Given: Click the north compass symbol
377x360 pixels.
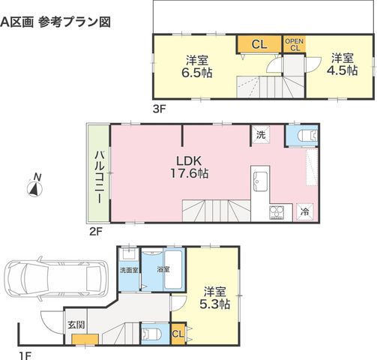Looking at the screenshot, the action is tap(34, 189).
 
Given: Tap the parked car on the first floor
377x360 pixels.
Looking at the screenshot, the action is tap(55, 278).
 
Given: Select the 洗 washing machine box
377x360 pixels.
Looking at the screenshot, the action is tap(261, 135).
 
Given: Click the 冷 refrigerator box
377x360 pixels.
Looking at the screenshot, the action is tap(304, 211).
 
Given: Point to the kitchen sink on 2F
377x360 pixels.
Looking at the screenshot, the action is tap(260, 181).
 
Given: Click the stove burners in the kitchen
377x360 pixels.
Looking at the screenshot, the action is tap(277, 213).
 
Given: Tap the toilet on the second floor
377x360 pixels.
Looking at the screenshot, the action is tap(307, 136).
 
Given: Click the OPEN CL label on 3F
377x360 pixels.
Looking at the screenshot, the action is tap(295, 44).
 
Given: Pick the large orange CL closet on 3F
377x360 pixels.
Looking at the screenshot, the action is tap(259, 44).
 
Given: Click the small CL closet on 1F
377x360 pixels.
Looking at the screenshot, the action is tap(178, 334).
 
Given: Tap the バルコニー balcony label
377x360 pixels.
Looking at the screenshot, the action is tap(99, 177).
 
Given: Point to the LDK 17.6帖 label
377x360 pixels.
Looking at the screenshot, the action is tap(189, 167).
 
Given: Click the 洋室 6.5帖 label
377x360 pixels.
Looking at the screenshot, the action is tap(197, 67).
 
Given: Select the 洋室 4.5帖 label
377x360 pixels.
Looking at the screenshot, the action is tap(343, 64).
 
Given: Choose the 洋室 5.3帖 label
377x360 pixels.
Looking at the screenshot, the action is tap(215, 298).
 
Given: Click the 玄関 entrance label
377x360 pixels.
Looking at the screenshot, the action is tap(76, 325).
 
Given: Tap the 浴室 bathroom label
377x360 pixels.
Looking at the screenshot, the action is tap(163, 269).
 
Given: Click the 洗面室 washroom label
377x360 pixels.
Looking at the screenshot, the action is tap(129, 270).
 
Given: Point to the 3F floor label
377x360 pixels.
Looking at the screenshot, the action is tap(160, 109).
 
